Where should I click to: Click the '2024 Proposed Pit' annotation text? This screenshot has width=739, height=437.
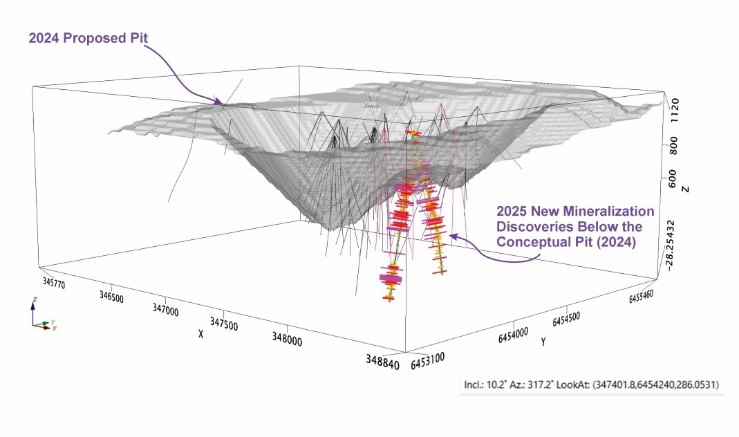(x=89, y=37)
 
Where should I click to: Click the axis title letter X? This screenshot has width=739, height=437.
(x=201, y=333)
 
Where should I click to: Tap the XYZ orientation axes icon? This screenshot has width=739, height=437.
(x=41, y=317)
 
